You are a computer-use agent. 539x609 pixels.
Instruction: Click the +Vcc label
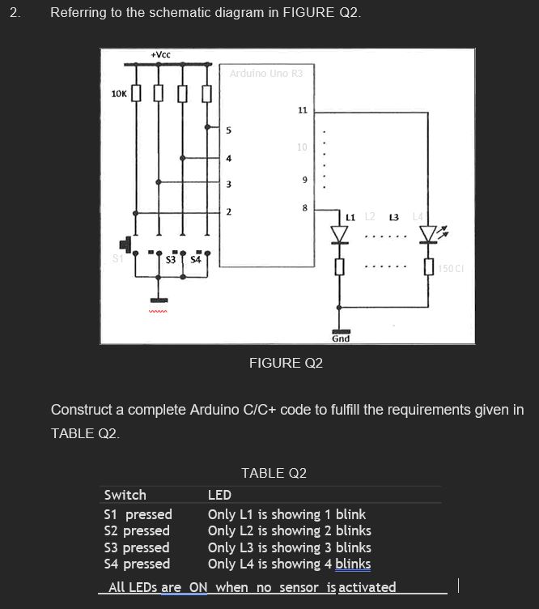(x=160, y=54)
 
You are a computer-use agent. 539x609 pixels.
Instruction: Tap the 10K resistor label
(x=118, y=94)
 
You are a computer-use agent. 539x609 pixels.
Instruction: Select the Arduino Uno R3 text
(x=265, y=73)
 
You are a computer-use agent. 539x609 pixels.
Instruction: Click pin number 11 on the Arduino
(x=303, y=109)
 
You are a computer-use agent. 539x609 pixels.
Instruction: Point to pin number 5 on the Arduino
(x=228, y=130)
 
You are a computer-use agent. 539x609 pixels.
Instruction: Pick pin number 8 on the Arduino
(x=303, y=208)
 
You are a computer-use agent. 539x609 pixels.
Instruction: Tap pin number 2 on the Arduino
(x=228, y=212)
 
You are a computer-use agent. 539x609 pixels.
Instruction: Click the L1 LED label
(x=350, y=217)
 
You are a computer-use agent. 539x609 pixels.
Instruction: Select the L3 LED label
(x=394, y=217)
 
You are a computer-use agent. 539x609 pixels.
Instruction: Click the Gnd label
(x=341, y=338)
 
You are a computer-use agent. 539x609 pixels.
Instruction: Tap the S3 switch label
(x=171, y=260)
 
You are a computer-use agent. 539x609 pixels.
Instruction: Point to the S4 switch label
(x=195, y=260)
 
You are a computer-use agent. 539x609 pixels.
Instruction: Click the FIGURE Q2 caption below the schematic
(x=286, y=363)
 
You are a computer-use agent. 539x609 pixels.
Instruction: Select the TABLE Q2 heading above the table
(x=274, y=473)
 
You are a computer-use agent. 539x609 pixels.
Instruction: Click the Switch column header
(x=125, y=495)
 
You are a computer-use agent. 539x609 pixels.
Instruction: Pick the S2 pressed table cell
(x=137, y=530)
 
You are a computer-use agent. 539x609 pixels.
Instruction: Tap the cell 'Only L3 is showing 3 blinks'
(x=289, y=547)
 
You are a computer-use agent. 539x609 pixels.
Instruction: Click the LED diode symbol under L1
(x=341, y=235)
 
